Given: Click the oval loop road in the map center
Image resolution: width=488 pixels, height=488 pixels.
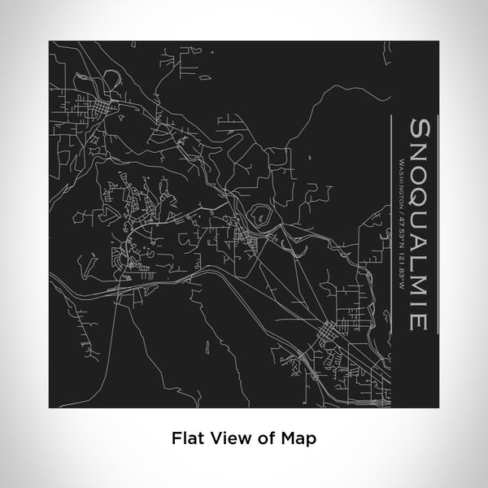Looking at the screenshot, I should point(262,216).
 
